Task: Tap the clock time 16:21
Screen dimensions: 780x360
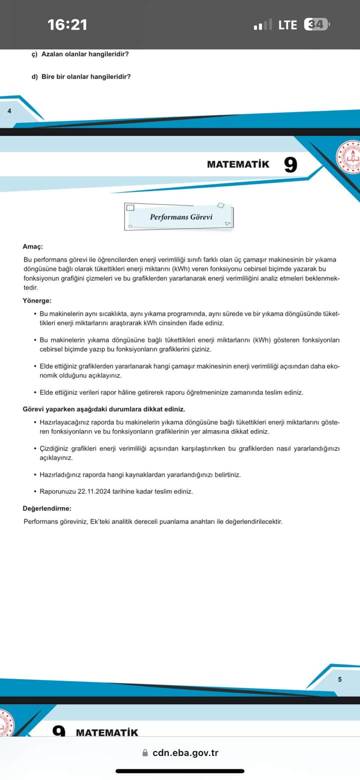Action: (x=67, y=24)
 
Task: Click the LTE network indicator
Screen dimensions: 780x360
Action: (x=287, y=24)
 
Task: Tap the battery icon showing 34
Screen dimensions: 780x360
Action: (x=317, y=24)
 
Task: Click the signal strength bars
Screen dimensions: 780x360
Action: (x=262, y=24)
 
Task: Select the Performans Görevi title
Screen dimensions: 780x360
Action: (x=181, y=217)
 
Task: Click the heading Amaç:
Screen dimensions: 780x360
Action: (x=33, y=246)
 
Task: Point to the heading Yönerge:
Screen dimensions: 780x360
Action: (x=37, y=300)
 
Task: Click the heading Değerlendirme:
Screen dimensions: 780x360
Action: (x=47, y=508)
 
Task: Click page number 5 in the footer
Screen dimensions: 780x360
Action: (x=339, y=679)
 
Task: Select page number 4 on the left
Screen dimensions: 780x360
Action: (x=9, y=110)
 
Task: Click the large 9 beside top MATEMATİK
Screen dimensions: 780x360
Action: (x=290, y=164)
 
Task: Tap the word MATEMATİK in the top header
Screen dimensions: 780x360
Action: (x=238, y=164)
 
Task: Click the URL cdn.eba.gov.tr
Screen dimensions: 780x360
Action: (x=185, y=752)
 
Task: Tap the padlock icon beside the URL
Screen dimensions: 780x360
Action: (x=145, y=752)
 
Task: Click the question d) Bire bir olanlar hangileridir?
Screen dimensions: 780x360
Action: (x=81, y=76)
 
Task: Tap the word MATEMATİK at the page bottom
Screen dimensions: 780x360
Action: (x=107, y=732)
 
